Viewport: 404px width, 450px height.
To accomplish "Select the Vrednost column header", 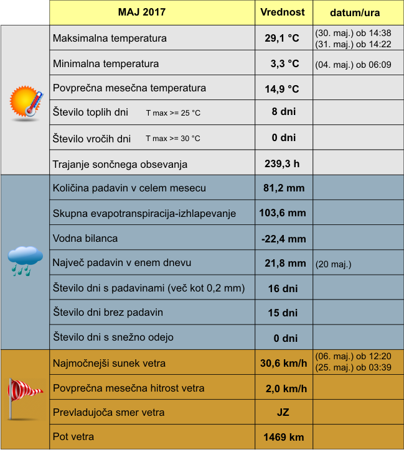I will tap(283, 12).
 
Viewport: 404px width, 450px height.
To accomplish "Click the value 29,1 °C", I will tap(282, 39).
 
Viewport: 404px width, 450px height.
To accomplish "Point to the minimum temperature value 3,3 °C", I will tap(284, 63).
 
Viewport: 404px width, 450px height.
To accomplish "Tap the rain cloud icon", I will tap(26, 260).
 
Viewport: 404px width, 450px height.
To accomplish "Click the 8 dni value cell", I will tap(283, 112).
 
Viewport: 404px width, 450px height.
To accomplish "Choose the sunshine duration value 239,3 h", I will tap(282, 164).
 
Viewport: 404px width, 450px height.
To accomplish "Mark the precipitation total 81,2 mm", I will tap(283, 188).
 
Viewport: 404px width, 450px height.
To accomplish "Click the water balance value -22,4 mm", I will tap(283, 238).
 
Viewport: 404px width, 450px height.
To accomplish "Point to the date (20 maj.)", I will tap(334, 264).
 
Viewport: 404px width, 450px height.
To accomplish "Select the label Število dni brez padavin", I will tap(108, 312).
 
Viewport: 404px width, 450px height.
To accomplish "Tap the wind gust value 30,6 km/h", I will tap(283, 364).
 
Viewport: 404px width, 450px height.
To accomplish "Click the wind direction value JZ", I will tap(283, 412).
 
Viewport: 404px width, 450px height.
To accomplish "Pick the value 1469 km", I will tap(283, 437).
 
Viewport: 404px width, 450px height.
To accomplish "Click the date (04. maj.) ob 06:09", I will tap(353, 64).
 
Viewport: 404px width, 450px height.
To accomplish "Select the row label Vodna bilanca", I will tap(85, 238).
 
